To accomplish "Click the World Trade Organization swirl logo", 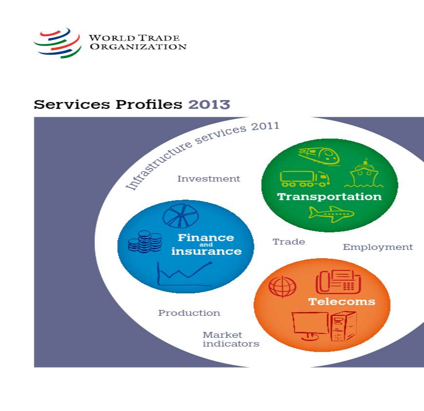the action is coord(58,43).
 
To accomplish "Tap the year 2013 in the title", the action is coord(209,104).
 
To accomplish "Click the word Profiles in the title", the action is coord(149,104).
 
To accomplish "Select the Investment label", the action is coord(209,179).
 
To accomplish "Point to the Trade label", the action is coord(289,242).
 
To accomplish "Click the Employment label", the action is coord(378,247).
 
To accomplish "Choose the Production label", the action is coord(189,313).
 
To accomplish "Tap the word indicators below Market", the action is coord(231,344).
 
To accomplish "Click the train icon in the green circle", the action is coord(319,156).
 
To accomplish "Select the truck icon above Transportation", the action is coord(305,179).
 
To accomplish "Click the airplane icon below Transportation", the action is coord(331,214).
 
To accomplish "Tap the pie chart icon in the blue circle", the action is coord(181,216).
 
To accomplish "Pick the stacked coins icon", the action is coord(145,242).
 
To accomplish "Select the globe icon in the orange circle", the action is coord(282,287).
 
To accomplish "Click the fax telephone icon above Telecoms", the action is coord(338,282).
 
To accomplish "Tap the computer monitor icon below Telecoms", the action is coord(310,326).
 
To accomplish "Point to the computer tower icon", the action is coord(344,326).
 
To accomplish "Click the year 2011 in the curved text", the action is coord(265,126).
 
